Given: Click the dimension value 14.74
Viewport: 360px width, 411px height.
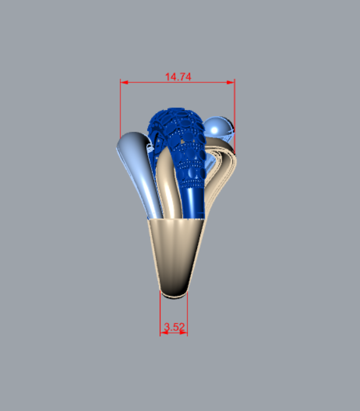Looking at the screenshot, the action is pos(178,77).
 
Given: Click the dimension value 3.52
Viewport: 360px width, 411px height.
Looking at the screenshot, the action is pos(174,327).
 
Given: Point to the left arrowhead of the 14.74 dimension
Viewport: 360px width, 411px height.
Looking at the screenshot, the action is pos(124,82).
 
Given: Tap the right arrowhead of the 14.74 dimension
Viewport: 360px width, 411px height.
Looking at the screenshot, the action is pos(231,82).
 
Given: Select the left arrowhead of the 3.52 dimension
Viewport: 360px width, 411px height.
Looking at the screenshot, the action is pos(164,333).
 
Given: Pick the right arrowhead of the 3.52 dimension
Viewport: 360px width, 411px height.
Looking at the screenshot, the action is pos(184,333).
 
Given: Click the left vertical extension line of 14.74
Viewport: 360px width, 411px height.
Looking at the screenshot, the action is pos(120,109).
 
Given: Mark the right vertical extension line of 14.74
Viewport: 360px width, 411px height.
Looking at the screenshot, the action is pos(235,116).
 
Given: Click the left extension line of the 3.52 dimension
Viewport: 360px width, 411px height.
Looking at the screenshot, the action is pos(160,313).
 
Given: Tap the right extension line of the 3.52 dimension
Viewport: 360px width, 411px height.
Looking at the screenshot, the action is pos(187,313).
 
